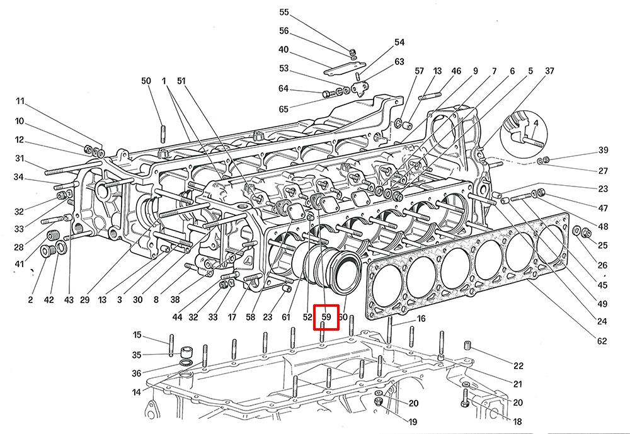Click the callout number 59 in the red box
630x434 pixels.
(x=326, y=316)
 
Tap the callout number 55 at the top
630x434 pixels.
(x=283, y=13)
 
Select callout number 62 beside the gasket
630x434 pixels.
(x=602, y=341)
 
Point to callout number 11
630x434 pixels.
(x=20, y=101)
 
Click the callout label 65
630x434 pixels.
(x=283, y=109)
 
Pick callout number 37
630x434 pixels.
(x=549, y=71)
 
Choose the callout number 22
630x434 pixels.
(x=518, y=366)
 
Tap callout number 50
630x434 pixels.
(x=146, y=81)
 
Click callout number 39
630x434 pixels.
(x=603, y=150)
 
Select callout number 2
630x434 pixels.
(x=30, y=300)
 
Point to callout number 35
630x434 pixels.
(x=137, y=355)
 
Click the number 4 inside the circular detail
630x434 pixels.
(x=535, y=123)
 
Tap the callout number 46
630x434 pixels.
(x=457, y=71)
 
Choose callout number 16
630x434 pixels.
(x=421, y=319)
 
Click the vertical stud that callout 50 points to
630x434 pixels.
(x=163, y=134)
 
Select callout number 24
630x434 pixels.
(x=602, y=322)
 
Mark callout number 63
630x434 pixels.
(x=399, y=62)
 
